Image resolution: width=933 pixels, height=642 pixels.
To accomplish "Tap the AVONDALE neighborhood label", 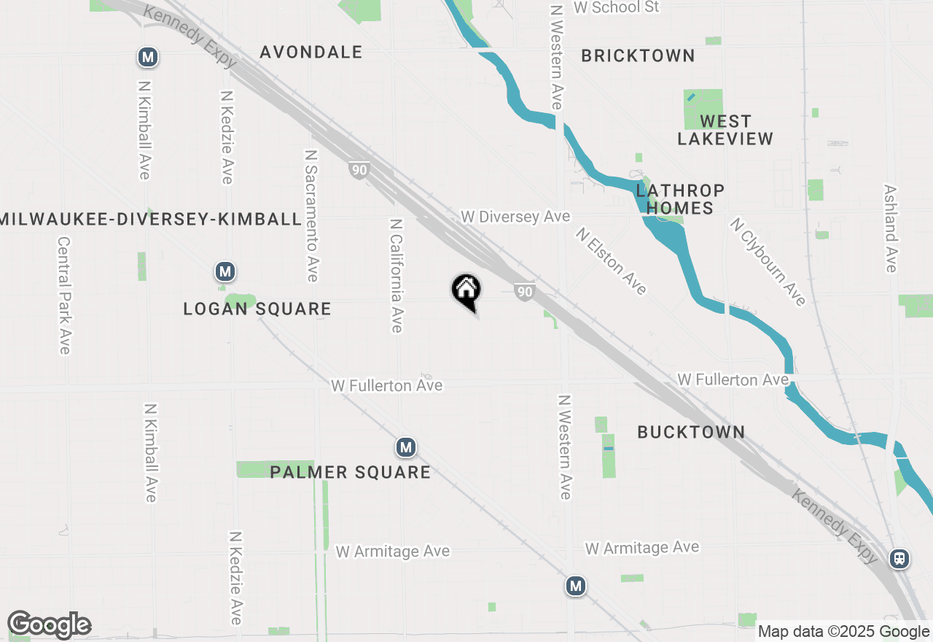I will pyautogui.click(x=311, y=52).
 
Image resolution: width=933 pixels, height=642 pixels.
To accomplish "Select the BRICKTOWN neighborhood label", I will pyautogui.click(x=638, y=55).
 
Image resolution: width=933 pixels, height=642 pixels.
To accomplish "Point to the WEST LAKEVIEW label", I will pyautogui.click(x=725, y=130).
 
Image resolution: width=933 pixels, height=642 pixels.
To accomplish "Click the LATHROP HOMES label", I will pyautogui.click(x=680, y=199).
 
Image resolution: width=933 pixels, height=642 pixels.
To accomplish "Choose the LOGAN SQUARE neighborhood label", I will pyautogui.click(x=257, y=309).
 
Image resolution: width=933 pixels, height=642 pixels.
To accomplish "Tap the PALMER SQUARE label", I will pyautogui.click(x=350, y=472).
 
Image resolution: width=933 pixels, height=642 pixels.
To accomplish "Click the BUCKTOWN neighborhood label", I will pyautogui.click(x=691, y=432).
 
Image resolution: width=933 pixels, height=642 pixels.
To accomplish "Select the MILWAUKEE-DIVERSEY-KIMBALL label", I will pyautogui.click(x=151, y=219).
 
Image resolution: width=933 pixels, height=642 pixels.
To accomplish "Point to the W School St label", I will pyautogui.click(x=616, y=7).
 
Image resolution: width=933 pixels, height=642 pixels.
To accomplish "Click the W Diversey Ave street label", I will pyautogui.click(x=515, y=217).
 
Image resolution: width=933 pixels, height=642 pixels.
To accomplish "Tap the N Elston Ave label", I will pyautogui.click(x=611, y=260).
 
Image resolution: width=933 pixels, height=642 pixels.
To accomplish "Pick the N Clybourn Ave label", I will pyautogui.click(x=768, y=261).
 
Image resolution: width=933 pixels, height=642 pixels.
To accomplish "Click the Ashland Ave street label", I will pyautogui.click(x=890, y=228).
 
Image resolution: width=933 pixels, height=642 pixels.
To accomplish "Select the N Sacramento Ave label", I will pyautogui.click(x=312, y=216).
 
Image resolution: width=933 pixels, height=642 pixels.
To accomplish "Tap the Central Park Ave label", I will pyautogui.click(x=64, y=295).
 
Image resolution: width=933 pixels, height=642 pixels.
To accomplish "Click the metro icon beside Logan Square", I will pyautogui.click(x=225, y=272).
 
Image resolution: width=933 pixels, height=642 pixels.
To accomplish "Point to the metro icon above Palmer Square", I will pyautogui.click(x=406, y=447).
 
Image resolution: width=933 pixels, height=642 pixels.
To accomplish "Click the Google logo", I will pyautogui.click(x=49, y=625).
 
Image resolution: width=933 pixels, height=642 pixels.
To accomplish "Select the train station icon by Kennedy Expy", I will pyautogui.click(x=899, y=560).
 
